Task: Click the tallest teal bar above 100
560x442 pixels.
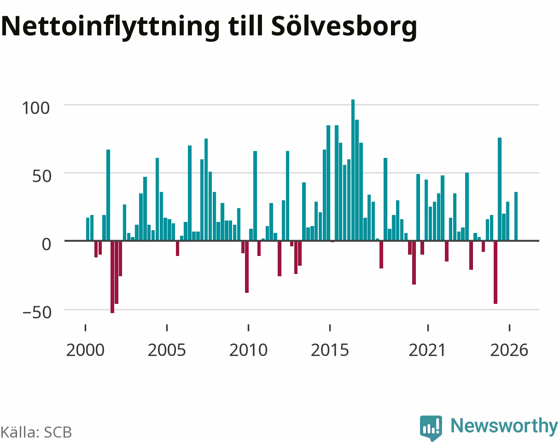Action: [353, 170]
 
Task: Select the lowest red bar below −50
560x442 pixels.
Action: [112, 277]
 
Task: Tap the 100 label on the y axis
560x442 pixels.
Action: [35, 108]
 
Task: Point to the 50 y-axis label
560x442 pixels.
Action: [41, 176]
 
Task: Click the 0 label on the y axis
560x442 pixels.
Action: [47, 244]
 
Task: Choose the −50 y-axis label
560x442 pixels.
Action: [37, 313]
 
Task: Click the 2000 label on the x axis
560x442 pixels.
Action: [85, 350]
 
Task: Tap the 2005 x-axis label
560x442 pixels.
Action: [167, 350]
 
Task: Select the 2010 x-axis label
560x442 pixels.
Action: [248, 350]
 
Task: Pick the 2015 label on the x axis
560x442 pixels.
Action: [330, 350]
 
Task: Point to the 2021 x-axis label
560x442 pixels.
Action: [427, 350]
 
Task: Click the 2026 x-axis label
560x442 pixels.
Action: [509, 350]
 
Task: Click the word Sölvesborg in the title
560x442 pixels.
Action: [344, 27]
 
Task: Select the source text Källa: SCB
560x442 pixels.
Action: [36, 432]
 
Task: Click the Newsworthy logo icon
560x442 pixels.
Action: [431, 427]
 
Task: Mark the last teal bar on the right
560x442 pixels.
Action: [516, 216]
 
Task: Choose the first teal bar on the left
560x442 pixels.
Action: [87, 229]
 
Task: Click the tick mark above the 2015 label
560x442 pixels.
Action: [330, 327]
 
